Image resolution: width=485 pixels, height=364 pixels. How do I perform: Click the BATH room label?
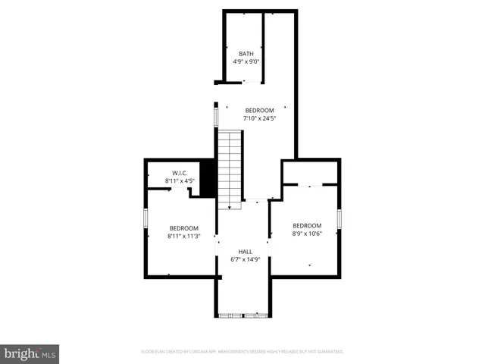pos(246,53)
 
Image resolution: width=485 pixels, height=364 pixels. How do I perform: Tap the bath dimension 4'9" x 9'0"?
pos(246,61)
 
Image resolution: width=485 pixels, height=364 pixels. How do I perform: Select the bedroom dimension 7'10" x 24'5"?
pos(259,118)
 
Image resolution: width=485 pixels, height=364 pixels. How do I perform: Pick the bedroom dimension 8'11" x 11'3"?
pos(183,236)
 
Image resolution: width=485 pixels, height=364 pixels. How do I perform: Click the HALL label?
pos(245,251)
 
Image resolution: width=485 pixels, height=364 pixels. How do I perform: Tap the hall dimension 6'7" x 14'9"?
pos(245,259)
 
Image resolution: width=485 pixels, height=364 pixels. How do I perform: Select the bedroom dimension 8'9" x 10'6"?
pos(307,234)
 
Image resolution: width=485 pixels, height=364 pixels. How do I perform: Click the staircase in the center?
pos(230,167)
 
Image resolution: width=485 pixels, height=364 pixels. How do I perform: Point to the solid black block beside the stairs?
pos(208,178)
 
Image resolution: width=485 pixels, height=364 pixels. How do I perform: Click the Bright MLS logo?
pos(30,353)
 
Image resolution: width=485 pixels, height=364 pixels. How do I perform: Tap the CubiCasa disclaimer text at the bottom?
pos(242,352)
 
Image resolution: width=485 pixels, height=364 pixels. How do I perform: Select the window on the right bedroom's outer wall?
pos(339,218)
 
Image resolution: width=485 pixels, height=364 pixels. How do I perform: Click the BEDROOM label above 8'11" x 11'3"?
pos(183,228)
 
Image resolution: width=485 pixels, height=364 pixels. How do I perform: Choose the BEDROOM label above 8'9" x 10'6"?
pos(307,225)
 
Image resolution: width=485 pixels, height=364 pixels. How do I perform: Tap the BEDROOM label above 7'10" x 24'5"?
pos(259,111)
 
